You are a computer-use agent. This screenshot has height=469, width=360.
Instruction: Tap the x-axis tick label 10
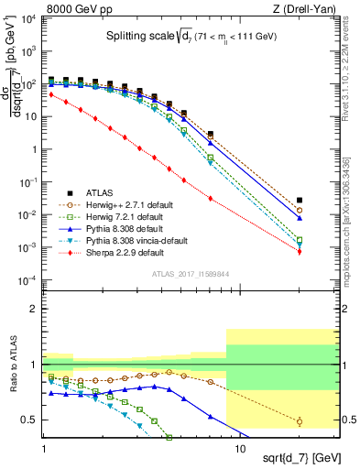point(238,442)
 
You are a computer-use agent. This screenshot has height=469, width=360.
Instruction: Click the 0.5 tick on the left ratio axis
point(32,420)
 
